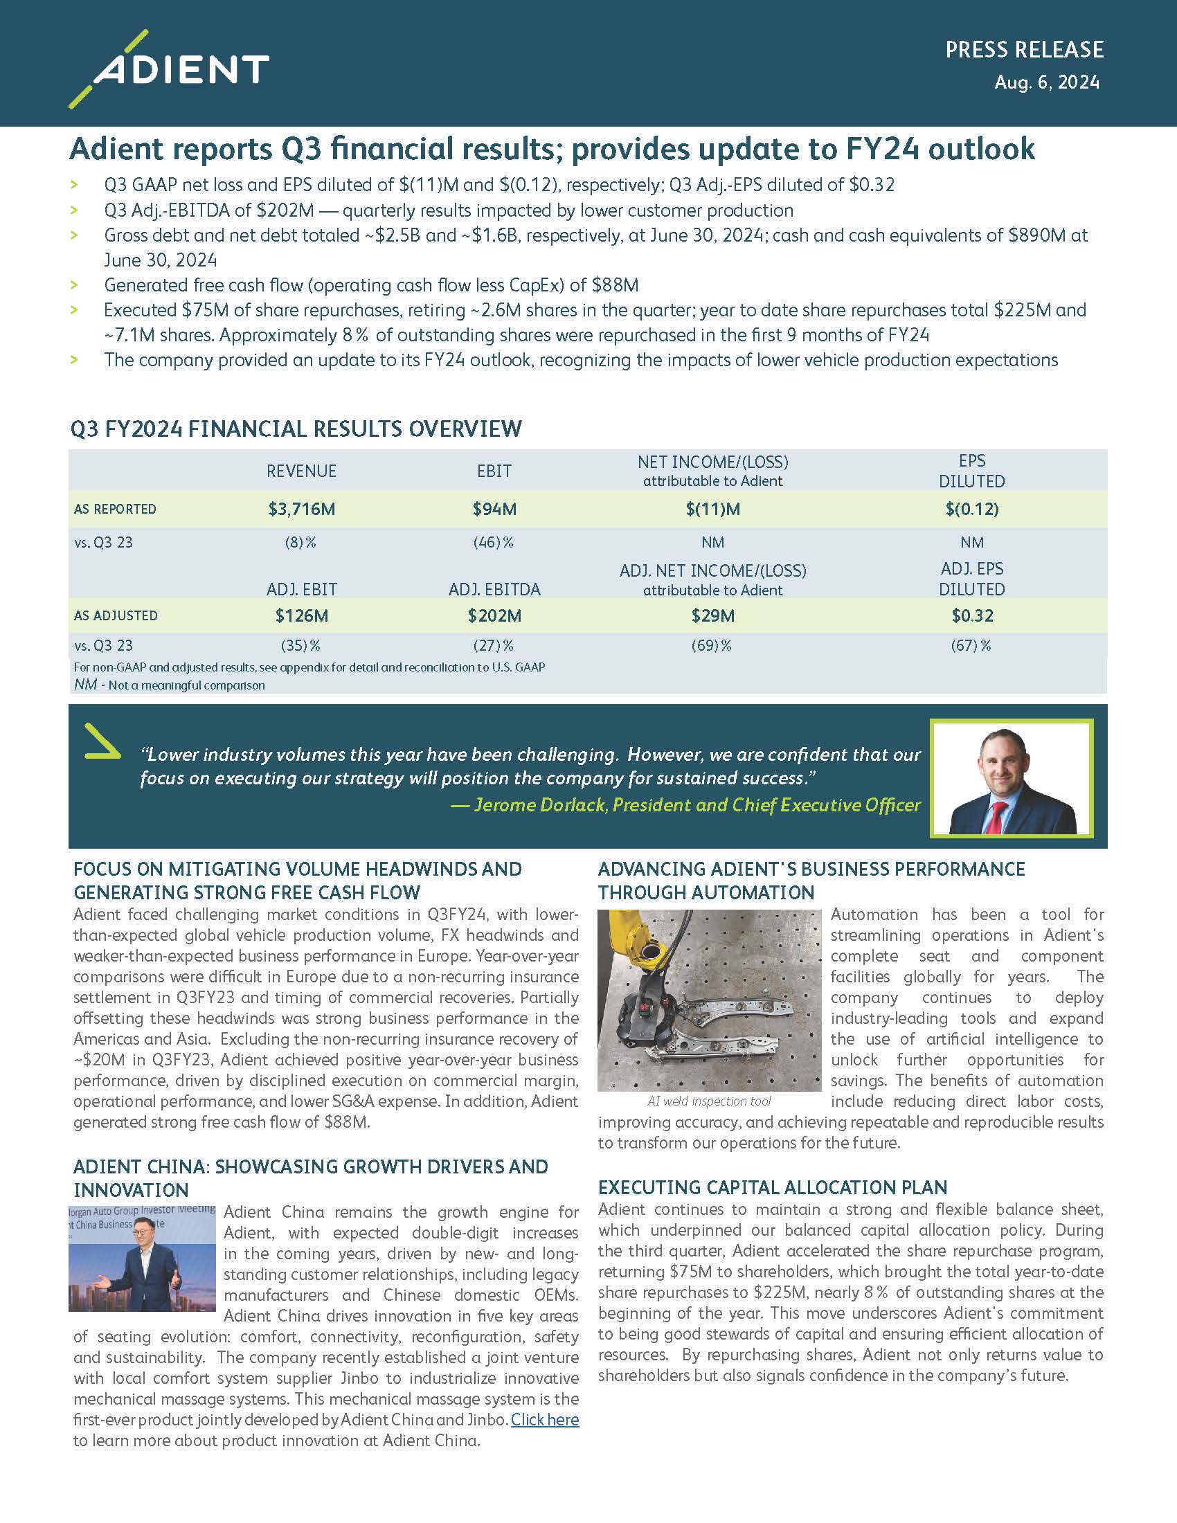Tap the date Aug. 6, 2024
pyautogui.click(x=1047, y=82)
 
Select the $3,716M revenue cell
pyautogui.click(x=301, y=509)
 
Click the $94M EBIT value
pyautogui.click(x=494, y=509)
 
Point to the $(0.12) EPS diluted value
pyautogui.click(x=971, y=509)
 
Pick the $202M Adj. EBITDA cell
pyautogui.click(x=494, y=615)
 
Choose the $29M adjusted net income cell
pyautogui.click(x=712, y=615)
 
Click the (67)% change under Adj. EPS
pyautogui.click(x=971, y=646)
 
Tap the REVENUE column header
pyautogui.click(x=301, y=471)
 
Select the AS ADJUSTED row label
pyautogui.click(x=116, y=615)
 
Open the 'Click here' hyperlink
pyautogui.click(x=545, y=1420)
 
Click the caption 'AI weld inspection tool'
pyautogui.click(x=709, y=1101)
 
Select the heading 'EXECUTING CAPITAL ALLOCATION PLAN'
pyautogui.click(x=773, y=1187)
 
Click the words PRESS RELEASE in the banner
pyautogui.click(x=1023, y=50)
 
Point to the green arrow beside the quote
pyautogui.click(x=101, y=742)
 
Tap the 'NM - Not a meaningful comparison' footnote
pyautogui.click(x=170, y=685)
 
